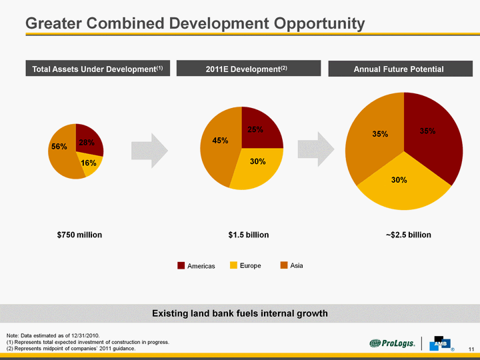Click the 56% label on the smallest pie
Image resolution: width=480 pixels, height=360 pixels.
[x=59, y=146]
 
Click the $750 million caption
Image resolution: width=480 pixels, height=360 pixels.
[x=79, y=235]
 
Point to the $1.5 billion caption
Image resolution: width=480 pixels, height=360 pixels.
[x=248, y=235]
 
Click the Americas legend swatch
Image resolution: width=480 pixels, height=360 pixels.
[x=181, y=266]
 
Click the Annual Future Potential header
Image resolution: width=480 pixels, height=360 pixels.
[x=399, y=69]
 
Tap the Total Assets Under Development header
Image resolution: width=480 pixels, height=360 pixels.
[x=98, y=69]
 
